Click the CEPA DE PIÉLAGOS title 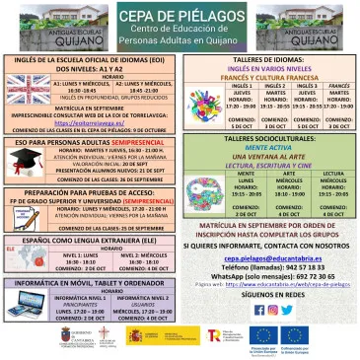(180, 13)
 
